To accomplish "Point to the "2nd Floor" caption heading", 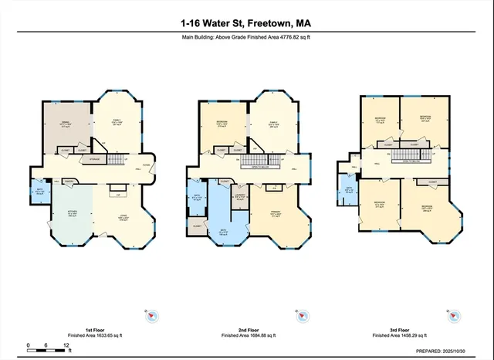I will (248, 330).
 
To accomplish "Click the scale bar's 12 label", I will (66, 345).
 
